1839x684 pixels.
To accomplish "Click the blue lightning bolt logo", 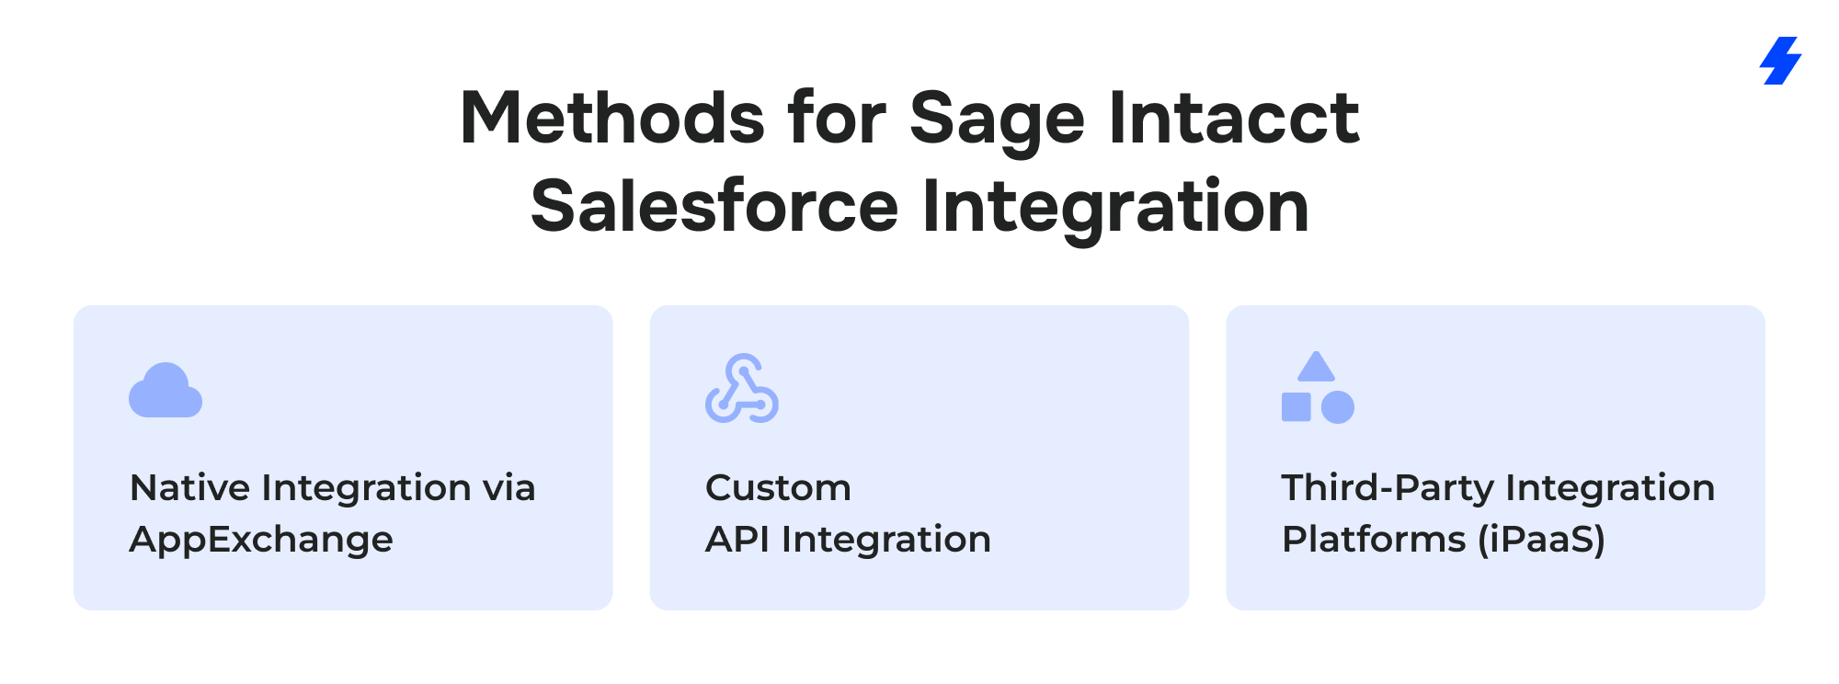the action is click(1780, 61).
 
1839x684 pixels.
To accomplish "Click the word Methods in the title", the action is click(612, 119).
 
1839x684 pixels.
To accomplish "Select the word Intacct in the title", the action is click(1234, 119).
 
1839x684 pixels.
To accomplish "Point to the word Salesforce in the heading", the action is click(714, 206).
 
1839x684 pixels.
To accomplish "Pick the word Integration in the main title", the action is click(1115, 210).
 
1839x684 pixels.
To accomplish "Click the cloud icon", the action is click(166, 390).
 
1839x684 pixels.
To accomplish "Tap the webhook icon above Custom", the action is click(742, 388).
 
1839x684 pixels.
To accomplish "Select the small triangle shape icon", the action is click(1316, 367).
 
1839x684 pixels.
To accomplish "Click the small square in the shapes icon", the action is click(1296, 407).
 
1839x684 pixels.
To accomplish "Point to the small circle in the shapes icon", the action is click(1338, 407).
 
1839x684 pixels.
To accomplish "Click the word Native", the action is click(189, 487).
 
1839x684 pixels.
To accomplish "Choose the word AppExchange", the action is click(261, 540).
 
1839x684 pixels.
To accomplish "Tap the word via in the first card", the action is click(509, 488).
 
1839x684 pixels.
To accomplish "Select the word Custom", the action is click(778, 488).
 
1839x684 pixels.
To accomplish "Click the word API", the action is click(737, 539).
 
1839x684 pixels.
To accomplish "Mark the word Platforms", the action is click(1374, 539).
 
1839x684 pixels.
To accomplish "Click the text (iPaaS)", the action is click(1541, 540).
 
